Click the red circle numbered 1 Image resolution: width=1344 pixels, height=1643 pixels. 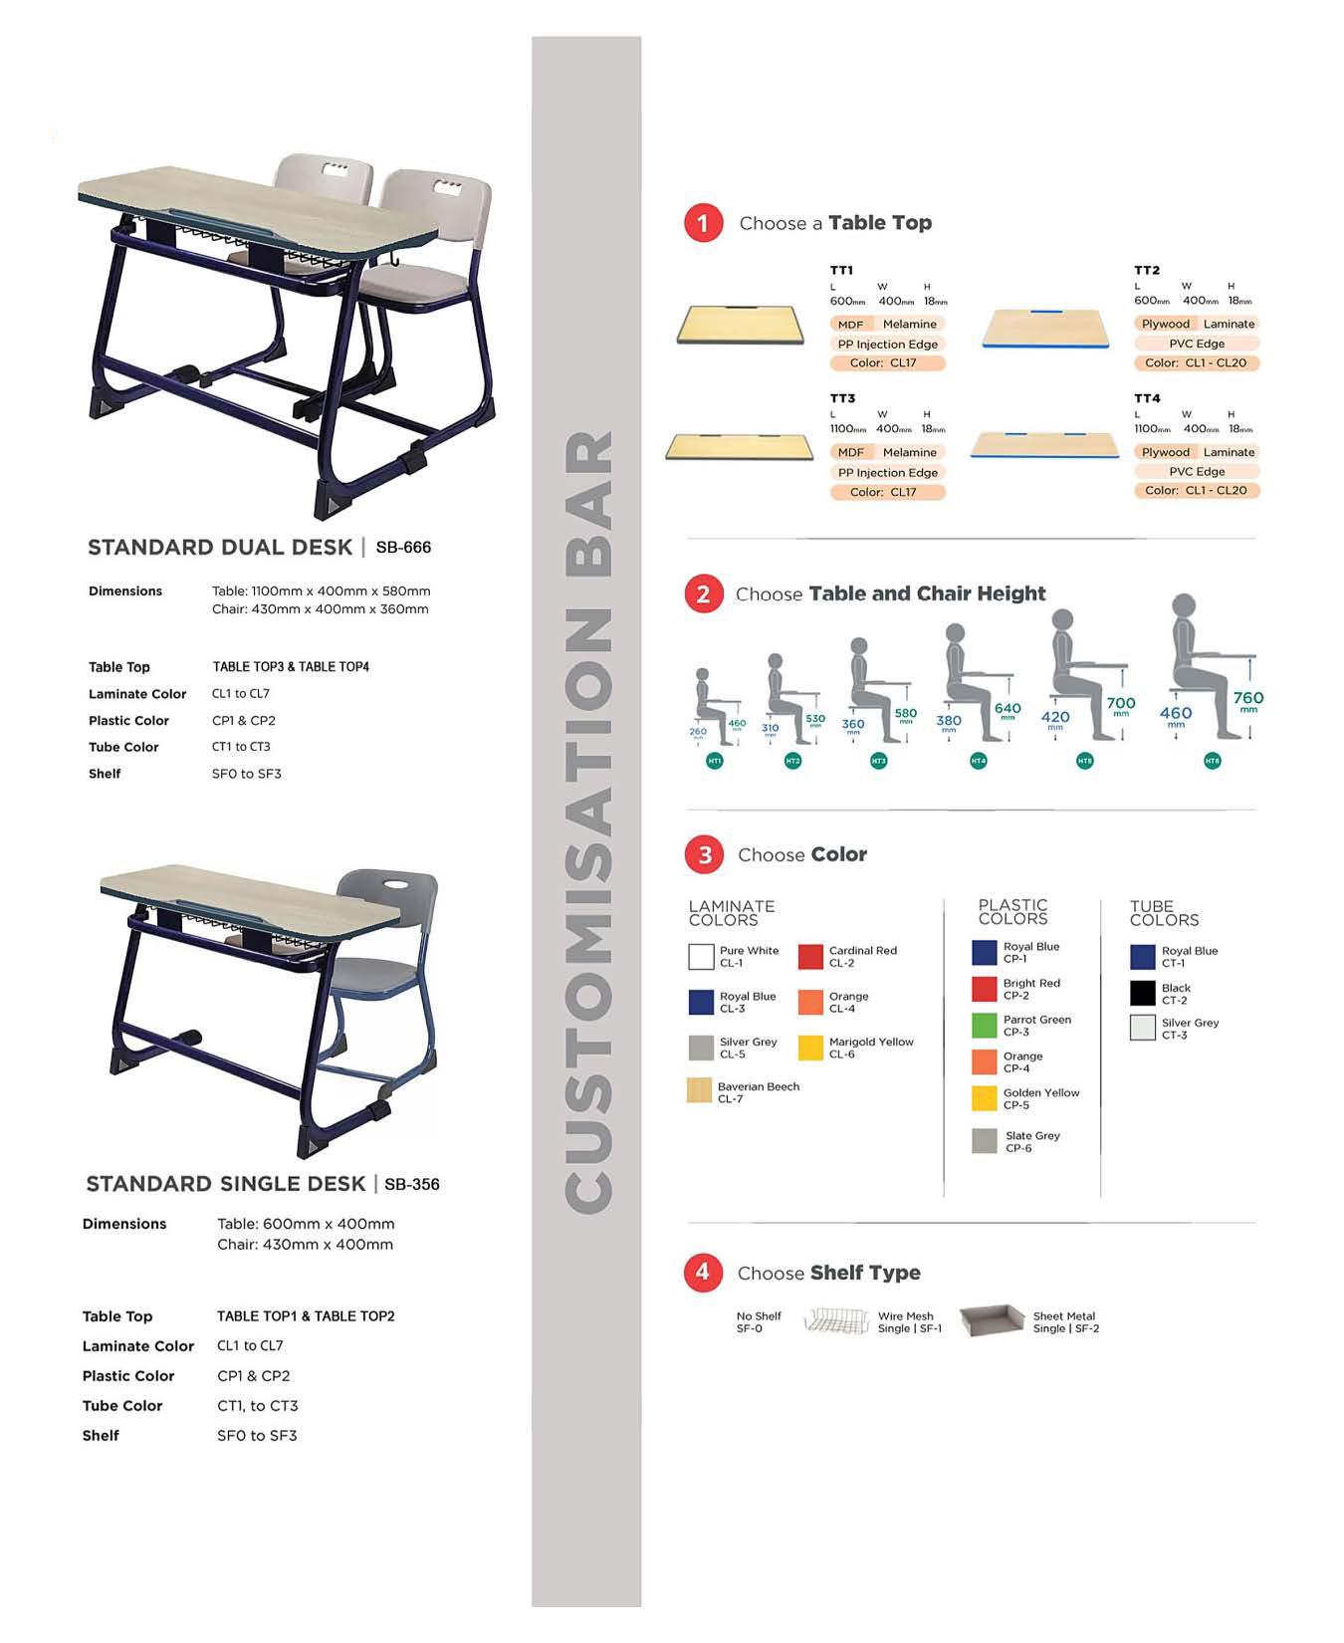tap(703, 222)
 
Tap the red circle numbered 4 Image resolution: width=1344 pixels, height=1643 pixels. tap(703, 1272)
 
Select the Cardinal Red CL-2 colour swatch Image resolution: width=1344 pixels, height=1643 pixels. tap(810, 957)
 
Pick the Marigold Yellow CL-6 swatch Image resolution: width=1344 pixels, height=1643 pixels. tap(810, 1048)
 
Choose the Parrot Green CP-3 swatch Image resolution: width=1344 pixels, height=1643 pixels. tap(984, 1026)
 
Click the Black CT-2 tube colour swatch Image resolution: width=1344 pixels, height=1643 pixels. tap(1142, 993)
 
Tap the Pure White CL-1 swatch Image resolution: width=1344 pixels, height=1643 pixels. tap(701, 957)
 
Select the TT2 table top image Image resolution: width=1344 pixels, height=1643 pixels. tap(1045, 329)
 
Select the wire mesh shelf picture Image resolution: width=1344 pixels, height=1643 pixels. tap(836, 1321)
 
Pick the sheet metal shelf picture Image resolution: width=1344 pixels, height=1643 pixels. tap(992, 1320)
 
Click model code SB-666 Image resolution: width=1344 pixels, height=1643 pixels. tap(403, 548)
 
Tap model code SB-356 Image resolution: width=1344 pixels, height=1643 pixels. tap(411, 1185)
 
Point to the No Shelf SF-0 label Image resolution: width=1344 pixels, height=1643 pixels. tap(758, 1321)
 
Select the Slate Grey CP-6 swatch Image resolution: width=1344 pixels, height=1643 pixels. tap(984, 1141)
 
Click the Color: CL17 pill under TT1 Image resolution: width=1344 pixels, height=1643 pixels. tap(883, 363)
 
